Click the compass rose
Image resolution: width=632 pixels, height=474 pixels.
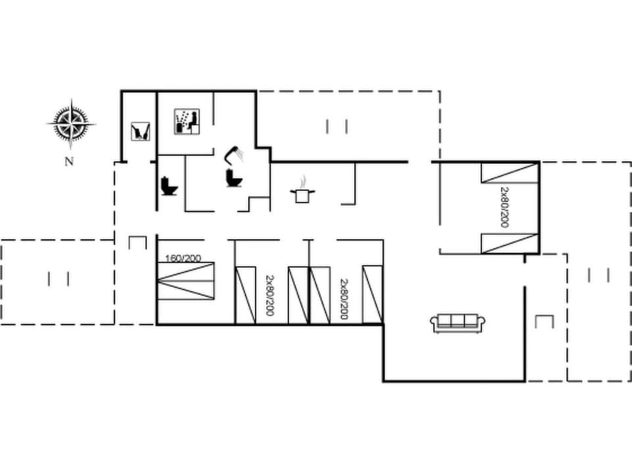click(70, 122)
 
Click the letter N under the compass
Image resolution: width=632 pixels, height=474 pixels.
click(68, 161)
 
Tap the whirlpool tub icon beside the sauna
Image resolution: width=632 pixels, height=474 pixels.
click(140, 130)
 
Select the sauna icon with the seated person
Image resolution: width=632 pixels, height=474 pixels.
click(187, 122)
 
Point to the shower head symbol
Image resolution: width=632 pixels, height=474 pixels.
click(234, 154)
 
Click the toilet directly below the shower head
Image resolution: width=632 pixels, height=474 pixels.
click(232, 177)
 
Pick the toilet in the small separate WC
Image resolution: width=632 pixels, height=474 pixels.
click(169, 186)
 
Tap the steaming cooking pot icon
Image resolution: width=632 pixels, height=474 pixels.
click(303, 191)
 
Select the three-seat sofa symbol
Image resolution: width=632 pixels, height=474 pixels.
click(458, 323)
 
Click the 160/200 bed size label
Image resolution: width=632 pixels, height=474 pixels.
click(184, 258)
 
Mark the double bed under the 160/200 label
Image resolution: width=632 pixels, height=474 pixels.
click(186, 281)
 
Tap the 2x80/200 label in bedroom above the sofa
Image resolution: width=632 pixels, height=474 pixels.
click(505, 207)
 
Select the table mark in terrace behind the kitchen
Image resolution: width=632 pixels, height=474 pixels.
click(336, 126)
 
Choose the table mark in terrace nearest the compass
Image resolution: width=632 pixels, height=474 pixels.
click(59, 278)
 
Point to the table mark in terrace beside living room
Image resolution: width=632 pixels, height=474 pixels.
click(598, 275)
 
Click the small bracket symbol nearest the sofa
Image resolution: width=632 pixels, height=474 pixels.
click(544, 322)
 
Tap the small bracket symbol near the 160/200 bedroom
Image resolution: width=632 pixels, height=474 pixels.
click(137, 242)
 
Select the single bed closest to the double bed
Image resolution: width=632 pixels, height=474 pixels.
click(246, 294)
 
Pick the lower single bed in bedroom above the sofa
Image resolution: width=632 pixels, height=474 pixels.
click(510, 243)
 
